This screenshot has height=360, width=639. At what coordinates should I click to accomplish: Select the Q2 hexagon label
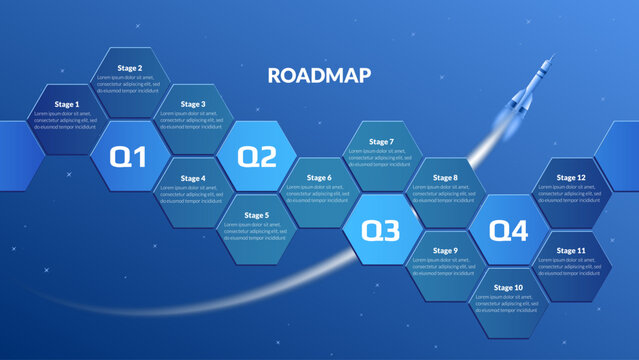pos(256,156)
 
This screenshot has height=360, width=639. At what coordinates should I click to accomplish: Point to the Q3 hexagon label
pos(380,231)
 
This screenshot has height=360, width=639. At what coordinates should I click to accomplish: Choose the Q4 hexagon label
pos(508,231)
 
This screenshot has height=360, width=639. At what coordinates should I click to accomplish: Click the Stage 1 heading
pos(66,104)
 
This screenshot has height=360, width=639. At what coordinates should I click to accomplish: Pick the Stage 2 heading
pos(129,68)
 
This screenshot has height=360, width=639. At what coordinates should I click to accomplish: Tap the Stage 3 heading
pos(193,104)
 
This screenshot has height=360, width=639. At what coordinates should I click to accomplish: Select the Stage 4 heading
pos(193,178)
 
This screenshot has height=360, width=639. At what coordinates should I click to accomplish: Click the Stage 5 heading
pos(257,215)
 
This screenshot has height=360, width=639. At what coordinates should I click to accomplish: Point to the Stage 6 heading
pos(319,178)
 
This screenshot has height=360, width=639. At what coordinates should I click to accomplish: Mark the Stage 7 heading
pos(381,141)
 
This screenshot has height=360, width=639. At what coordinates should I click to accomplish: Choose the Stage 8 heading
pos(445,178)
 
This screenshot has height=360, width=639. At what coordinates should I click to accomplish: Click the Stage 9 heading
pos(445,251)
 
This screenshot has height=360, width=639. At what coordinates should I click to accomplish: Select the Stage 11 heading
pos(571,250)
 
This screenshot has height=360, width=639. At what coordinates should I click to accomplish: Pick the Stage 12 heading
pos(571,178)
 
